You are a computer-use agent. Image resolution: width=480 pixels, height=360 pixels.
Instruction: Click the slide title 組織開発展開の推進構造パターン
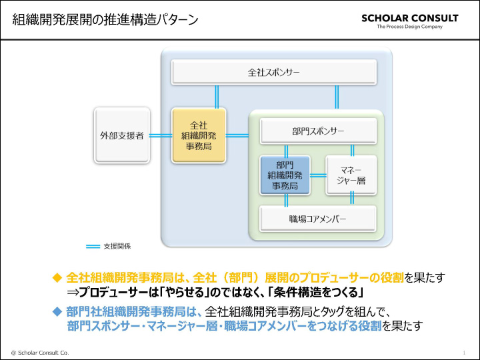click(105, 19)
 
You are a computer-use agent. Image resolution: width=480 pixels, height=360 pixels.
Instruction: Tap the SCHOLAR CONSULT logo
click(410, 18)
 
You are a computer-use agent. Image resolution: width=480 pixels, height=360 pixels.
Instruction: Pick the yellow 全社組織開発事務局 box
click(199, 135)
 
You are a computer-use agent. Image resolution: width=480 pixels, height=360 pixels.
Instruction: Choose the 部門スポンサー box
click(317, 131)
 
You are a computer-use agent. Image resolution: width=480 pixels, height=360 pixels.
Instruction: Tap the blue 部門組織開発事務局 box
click(285, 175)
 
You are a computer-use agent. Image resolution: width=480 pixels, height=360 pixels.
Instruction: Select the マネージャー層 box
click(351, 175)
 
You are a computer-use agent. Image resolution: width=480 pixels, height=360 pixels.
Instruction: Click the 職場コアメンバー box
click(317, 219)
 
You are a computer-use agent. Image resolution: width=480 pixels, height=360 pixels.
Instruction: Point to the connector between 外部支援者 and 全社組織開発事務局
click(161, 135)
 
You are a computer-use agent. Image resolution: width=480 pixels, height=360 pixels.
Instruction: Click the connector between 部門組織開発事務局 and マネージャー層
click(318, 175)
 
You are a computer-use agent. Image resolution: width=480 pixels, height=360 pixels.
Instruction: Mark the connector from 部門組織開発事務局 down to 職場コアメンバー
click(285, 200)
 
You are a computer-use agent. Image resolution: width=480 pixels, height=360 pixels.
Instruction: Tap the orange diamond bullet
click(57, 277)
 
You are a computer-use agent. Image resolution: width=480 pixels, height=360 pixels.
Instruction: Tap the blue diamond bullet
click(57, 311)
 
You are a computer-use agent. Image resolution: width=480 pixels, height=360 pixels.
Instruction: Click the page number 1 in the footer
click(463, 351)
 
